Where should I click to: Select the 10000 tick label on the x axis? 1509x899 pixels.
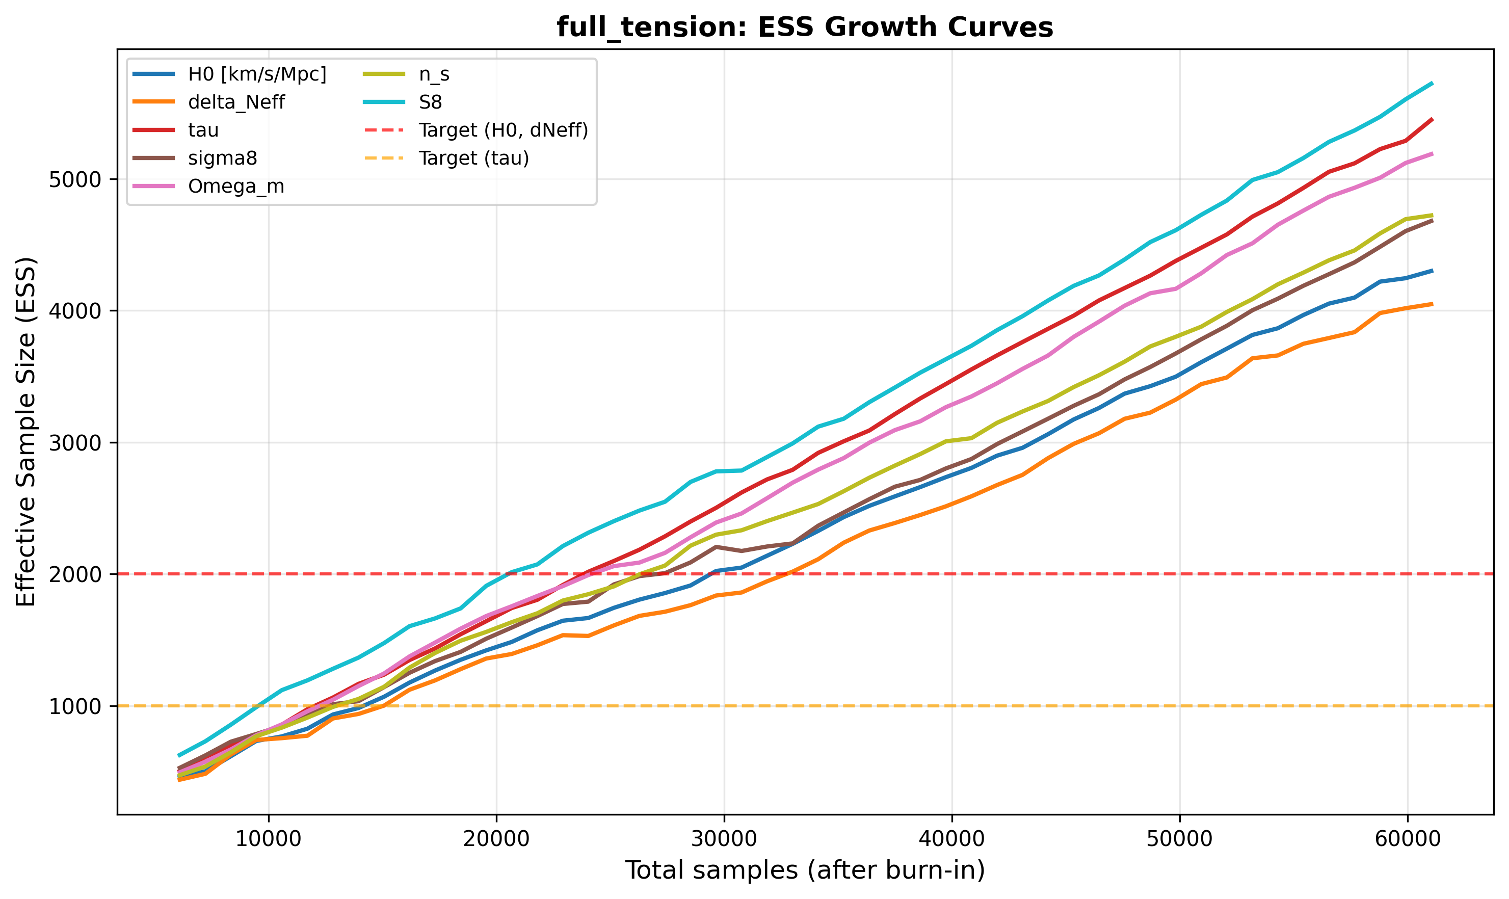click(269, 838)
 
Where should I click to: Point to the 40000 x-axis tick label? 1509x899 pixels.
click(951, 838)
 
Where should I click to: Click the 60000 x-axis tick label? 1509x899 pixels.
click(1406, 838)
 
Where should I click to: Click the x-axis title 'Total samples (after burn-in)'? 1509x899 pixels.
click(805, 870)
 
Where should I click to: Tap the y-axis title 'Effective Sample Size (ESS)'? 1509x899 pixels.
click(26, 431)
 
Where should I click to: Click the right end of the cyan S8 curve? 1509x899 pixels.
click(1432, 83)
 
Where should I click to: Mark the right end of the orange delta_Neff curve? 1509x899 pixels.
click(1432, 304)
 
